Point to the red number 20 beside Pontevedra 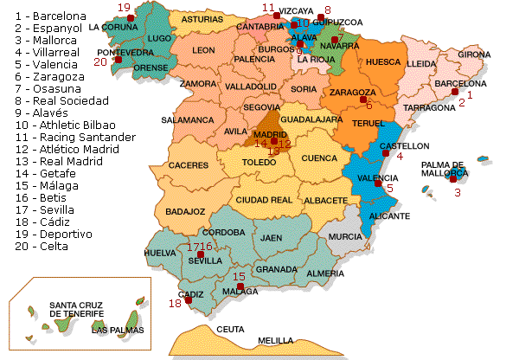tap(100, 61)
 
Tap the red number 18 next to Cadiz tap(176, 304)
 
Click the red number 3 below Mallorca tap(458, 192)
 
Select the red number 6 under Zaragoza tap(369, 106)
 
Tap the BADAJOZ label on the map tap(185, 210)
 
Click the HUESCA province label tap(383, 62)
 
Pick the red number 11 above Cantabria tap(268, 8)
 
